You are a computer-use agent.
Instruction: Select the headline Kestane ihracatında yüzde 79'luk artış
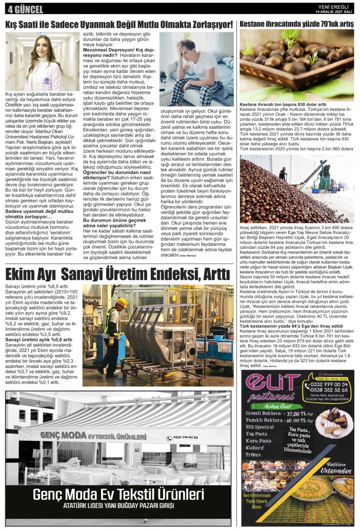click(x=297, y=24)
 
